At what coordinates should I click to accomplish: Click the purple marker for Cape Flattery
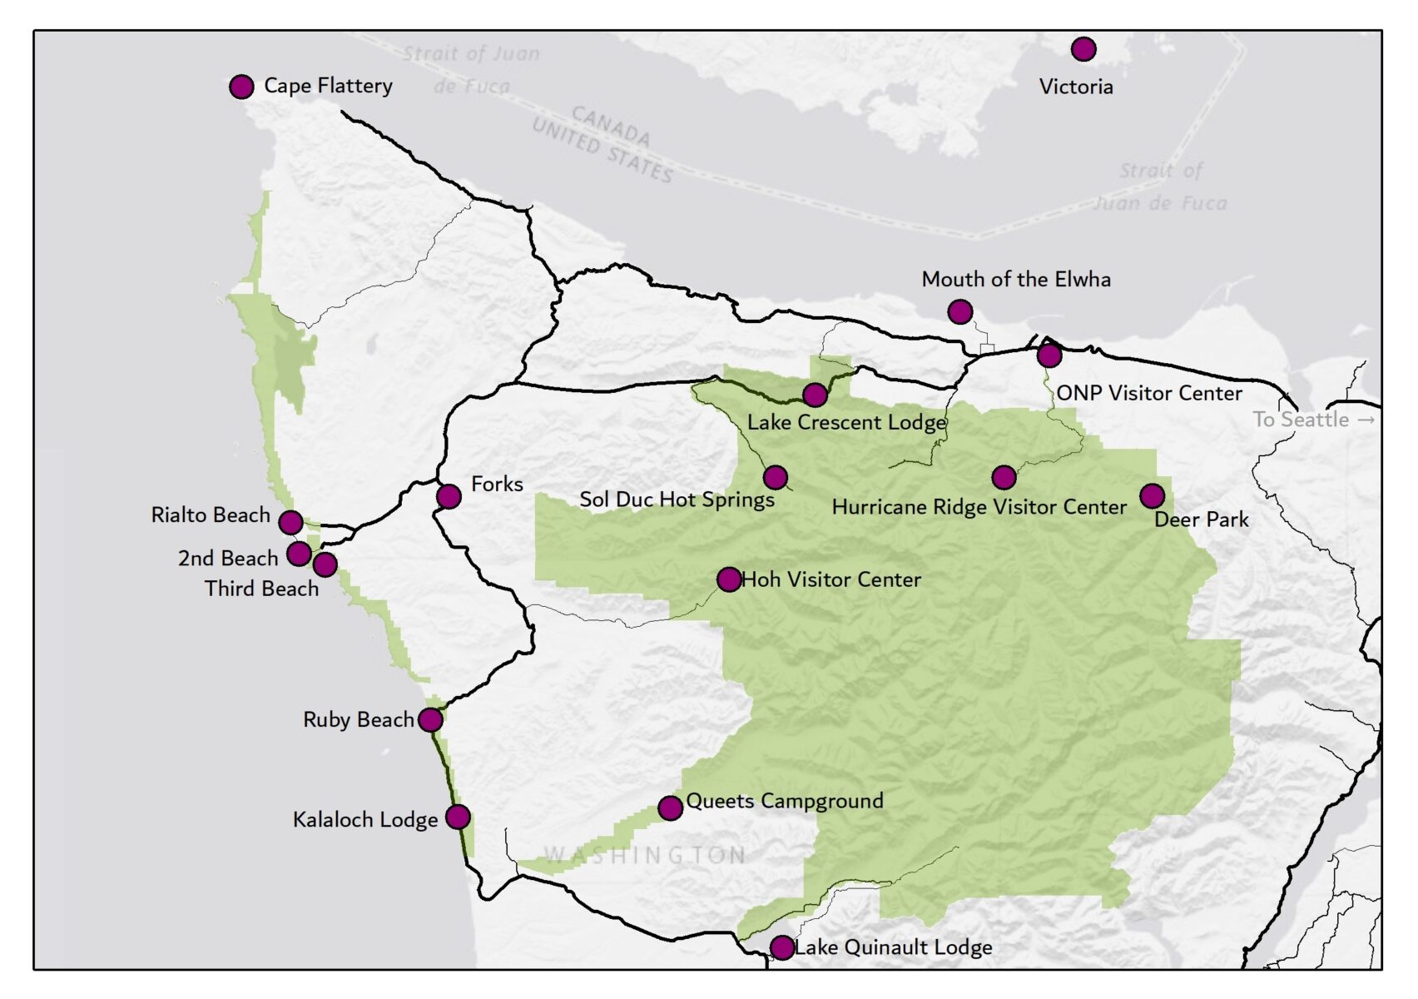click(241, 87)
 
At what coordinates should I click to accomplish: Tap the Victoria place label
click(1075, 87)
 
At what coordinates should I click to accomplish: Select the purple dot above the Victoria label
click(1083, 49)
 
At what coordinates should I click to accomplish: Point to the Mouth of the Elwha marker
click(959, 312)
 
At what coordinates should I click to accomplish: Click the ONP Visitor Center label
click(1148, 393)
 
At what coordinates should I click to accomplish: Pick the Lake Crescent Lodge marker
click(815, 395)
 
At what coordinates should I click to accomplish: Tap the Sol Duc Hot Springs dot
click(775, 478)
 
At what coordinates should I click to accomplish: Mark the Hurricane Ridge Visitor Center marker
click(1004, 478)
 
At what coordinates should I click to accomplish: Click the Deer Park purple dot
click(1152, 496)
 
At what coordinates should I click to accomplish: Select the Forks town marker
click(449, 497)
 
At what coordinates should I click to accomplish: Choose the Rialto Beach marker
click(290, 523)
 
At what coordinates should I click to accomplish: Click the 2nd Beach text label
click(227, 559)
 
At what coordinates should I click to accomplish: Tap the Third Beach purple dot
click(325, 564)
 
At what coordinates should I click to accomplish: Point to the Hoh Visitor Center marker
click(728, 579)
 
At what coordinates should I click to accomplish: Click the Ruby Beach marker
click(430, 720)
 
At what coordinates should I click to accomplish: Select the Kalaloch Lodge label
click(364, 820)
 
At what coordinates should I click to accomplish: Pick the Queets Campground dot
click(670, 808)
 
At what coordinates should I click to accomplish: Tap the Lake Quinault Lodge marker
click(781, 947)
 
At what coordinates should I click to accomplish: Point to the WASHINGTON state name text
click(645, 855)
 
